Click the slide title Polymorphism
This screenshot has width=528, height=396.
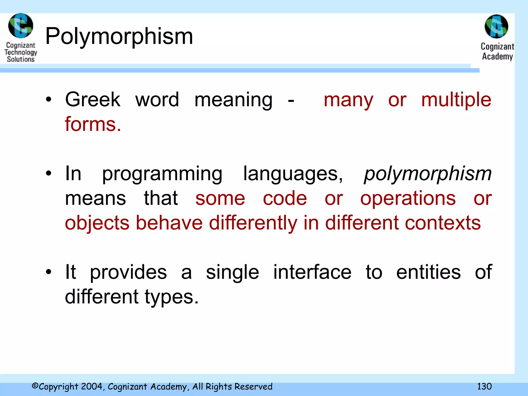119,37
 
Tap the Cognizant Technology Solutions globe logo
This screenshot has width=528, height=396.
21,26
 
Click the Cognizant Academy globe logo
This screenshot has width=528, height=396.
497,26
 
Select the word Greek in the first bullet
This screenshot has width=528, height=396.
93,100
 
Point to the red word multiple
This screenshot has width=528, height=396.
456,100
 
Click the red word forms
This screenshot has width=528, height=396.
93,124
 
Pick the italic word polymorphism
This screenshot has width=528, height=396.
428,174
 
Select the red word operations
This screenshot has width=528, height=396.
408,199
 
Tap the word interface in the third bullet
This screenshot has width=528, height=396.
312,272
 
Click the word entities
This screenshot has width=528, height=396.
428,272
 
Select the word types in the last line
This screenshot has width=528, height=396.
171,297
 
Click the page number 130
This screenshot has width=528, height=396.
484,386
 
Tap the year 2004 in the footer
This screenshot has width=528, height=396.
92,386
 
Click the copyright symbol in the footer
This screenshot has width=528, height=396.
35,386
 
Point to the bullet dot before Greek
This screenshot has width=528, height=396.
48,100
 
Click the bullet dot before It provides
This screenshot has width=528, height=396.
48,272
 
